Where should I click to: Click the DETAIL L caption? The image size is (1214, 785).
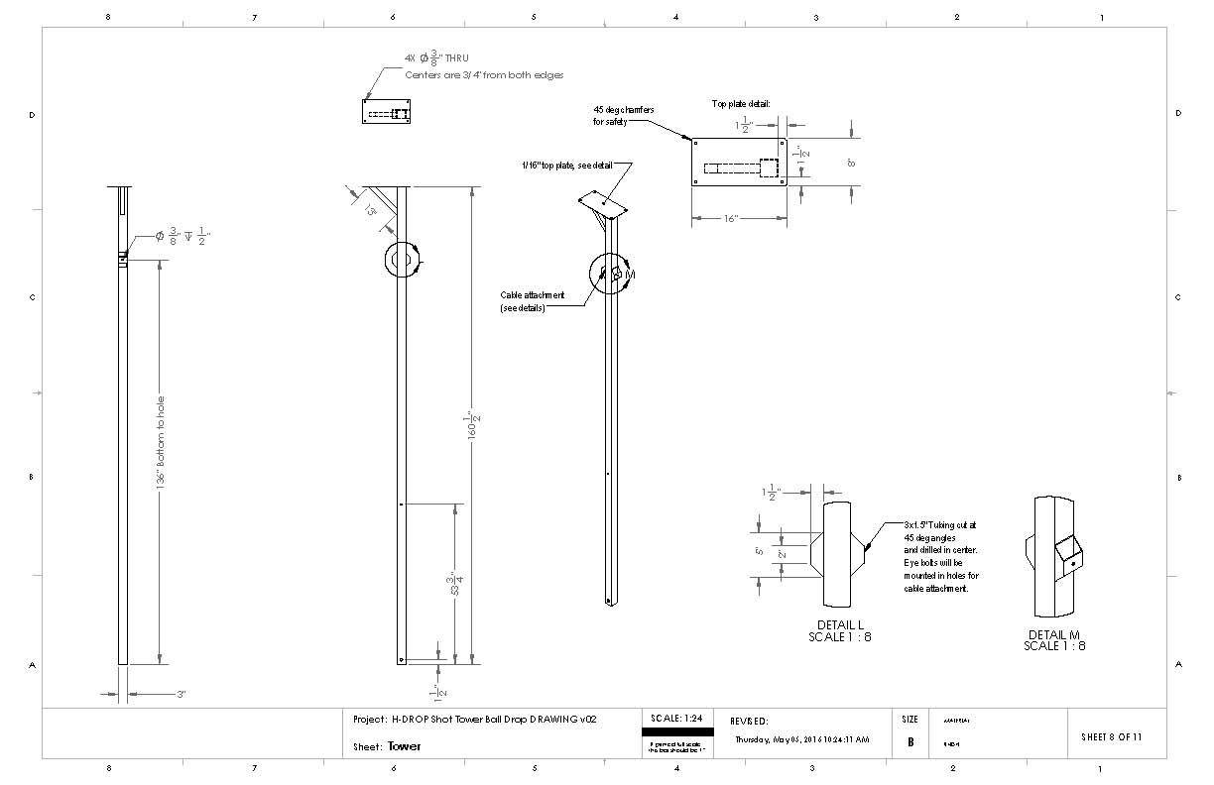(x=840, y=626)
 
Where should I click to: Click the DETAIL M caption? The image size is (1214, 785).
(x=1054, y=634)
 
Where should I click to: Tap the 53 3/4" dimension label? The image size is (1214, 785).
(x=454, y=583)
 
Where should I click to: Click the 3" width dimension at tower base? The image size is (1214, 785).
(x=182, y=695)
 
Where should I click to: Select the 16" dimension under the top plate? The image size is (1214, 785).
(x=730, y=218)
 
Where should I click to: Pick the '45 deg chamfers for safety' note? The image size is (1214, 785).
(x=623, y=115)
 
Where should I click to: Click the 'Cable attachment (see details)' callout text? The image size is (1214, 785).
(x=533, y=301)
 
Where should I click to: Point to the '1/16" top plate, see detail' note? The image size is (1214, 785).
(x=575, y=166)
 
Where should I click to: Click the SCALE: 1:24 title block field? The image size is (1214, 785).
(x=676, y=718)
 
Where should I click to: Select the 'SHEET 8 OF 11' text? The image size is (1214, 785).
(x=1111, y=736)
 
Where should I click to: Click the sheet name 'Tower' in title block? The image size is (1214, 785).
(x=404, y=746)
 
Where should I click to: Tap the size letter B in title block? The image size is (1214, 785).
(x=910, y=741)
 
